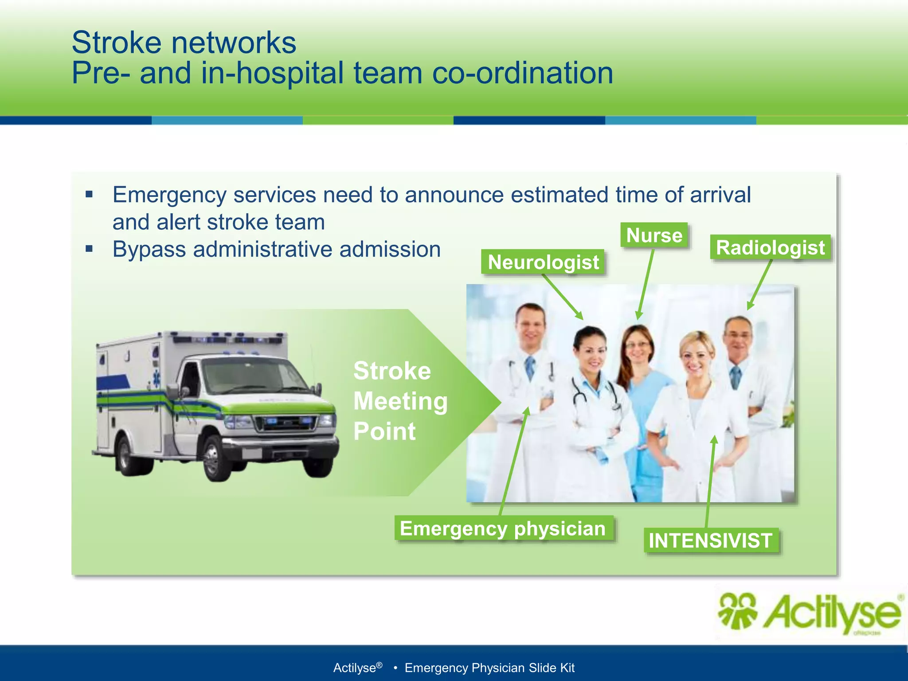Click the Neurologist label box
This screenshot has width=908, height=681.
coord(543,262)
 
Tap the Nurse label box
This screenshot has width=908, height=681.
coord(654,235)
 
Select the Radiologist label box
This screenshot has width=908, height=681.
coord(770,247)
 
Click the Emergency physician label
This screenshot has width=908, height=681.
coord(503,528)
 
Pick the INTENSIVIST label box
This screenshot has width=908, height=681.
coord(710,540)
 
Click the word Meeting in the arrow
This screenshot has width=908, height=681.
coord(400,401)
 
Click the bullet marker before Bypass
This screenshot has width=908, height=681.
coord(90,249)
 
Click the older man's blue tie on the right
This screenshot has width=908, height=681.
coord(736,377)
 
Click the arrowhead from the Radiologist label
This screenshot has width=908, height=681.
coord(750,306)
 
